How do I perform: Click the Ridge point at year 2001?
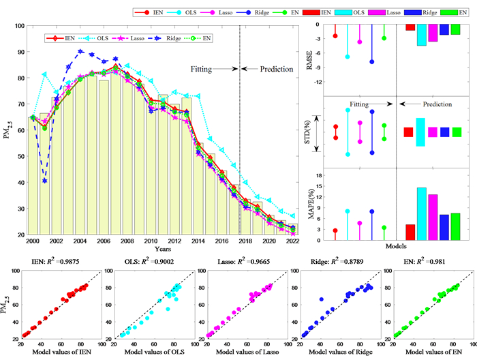pos(45,181)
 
